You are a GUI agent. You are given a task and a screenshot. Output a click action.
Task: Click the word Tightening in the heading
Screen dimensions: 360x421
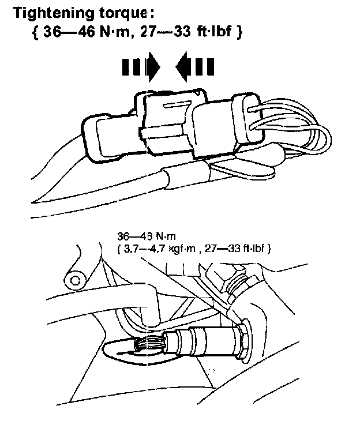54,13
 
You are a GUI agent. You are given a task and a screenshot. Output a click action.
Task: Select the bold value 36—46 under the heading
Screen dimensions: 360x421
69,32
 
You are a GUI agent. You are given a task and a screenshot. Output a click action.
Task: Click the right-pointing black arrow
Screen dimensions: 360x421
141,66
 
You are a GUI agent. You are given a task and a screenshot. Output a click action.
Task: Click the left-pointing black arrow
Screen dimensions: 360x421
195,66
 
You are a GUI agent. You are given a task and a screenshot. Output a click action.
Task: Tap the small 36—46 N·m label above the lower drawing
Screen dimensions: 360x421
147,236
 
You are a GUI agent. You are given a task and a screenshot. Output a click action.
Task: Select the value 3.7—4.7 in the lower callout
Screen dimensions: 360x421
144,249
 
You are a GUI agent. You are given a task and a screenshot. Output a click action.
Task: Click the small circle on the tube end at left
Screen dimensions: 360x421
75,281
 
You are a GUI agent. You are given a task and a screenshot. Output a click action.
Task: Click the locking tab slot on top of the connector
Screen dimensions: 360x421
177,105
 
